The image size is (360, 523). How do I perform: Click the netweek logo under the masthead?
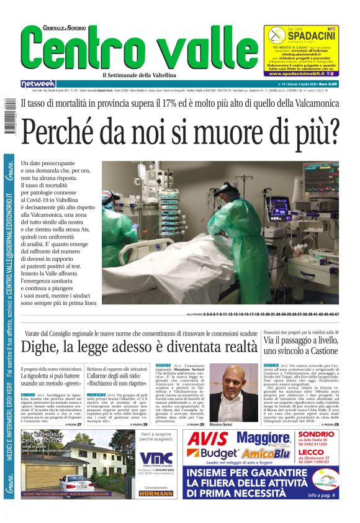(x=38, y=83)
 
